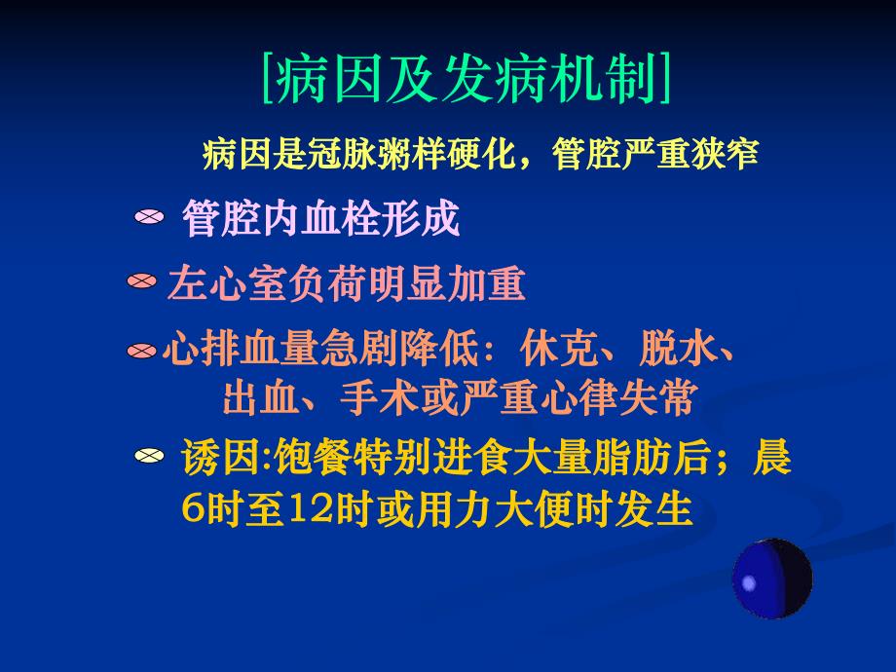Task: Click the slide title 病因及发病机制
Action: point(467,79)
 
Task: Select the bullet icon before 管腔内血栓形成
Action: point(149,219)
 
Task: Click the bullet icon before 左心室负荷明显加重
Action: point(142,282)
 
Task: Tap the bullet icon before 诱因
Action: point(149,456)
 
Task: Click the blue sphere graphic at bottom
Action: point(771,579)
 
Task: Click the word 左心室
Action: point(212,284)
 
